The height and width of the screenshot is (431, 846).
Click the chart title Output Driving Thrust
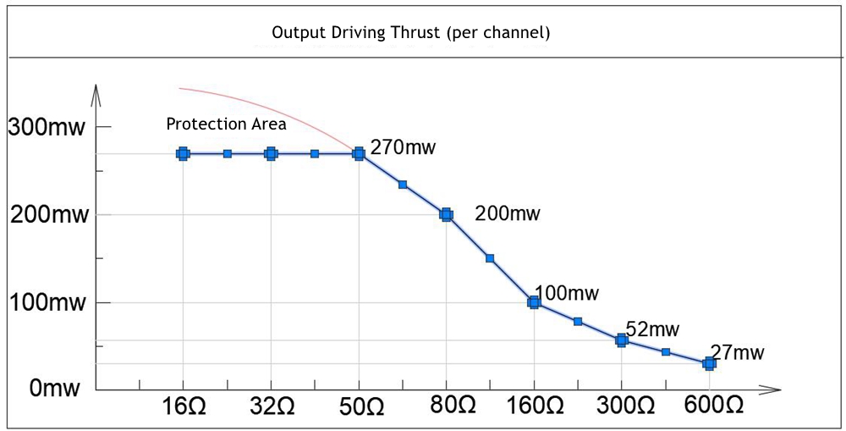point(411,34)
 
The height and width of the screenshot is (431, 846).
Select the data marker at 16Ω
point(183,154)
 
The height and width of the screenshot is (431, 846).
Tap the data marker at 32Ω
point(271,154)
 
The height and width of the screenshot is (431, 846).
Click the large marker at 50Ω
point(359,154)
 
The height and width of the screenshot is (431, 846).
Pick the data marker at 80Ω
point(446,215)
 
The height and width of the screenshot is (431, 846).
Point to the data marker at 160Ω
point(534,301)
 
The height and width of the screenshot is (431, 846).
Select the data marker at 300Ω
point(622,340)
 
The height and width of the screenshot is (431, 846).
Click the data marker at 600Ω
point(709,363)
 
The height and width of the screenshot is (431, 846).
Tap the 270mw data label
point(404,148)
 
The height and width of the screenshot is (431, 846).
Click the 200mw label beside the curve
point(508,213)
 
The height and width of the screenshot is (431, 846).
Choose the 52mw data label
point(652,329)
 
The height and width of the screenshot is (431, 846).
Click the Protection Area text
point(226,124)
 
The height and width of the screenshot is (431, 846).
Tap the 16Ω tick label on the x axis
point(183,406)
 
